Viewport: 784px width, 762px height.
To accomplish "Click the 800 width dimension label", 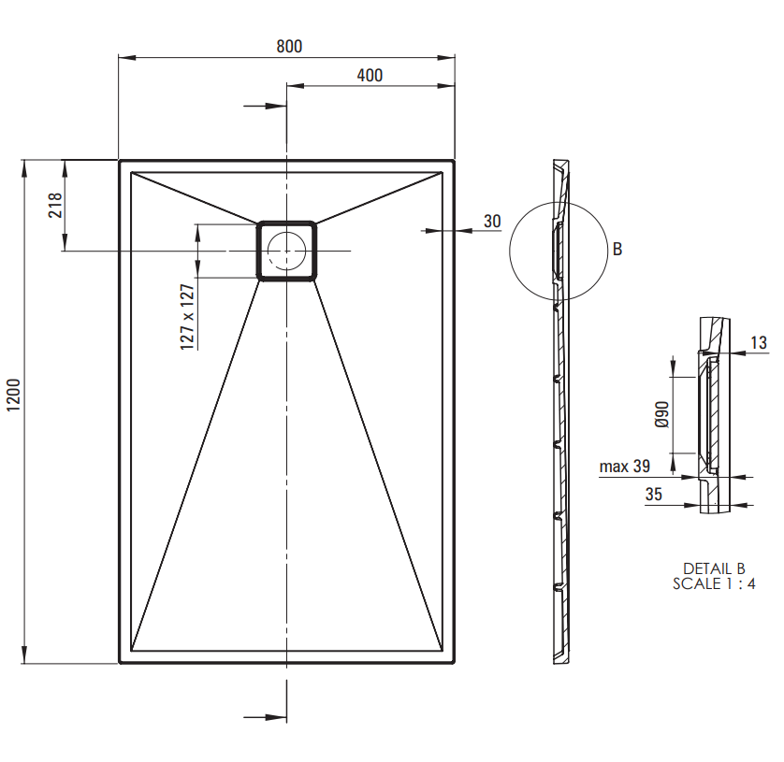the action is coord(289,47).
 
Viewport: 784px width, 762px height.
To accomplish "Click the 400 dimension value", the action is coord(370,76).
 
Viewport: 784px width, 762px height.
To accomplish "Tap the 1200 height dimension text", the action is coord(13,395).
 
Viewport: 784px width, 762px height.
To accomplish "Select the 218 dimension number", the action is coord(55,205).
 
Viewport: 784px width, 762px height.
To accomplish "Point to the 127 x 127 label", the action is coord(187,317).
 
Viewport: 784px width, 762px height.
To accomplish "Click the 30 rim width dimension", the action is coord(492,222).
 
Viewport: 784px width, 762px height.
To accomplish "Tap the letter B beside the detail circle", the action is coord(617,249).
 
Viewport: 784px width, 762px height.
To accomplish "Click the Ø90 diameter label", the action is coord(661,414).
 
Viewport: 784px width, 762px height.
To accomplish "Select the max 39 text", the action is coord(625,467).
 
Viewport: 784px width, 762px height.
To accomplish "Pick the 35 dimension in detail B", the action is coord(654,495).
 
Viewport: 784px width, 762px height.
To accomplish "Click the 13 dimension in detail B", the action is coord(759,343).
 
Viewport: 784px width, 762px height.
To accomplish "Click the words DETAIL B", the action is coord(714,568).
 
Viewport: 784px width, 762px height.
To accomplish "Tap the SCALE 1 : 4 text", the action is coord(714,583).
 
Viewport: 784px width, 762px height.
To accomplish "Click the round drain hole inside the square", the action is coord(286,251).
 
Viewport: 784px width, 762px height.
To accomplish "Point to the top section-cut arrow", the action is coord(265,106).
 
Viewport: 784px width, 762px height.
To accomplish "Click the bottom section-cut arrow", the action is coord(265,717).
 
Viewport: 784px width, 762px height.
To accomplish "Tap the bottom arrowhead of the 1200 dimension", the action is coord(24,654).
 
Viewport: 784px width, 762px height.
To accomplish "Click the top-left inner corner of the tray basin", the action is coord(131,172).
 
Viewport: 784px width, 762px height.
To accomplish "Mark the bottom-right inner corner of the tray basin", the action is coord(443,651).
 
